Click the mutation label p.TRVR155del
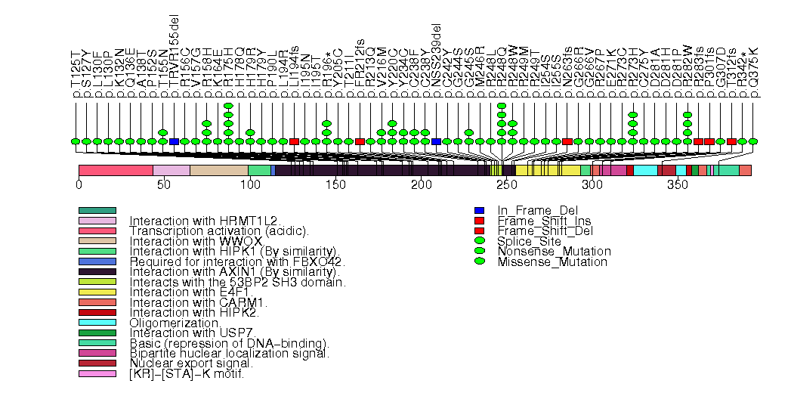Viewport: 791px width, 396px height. tap(174, 59)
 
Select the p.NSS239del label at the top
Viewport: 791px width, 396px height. tap(437, 61)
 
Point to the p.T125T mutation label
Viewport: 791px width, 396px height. tap(75, 74)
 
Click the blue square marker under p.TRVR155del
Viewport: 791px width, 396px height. tap(174, 141)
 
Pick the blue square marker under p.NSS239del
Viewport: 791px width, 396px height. tap(437, 141)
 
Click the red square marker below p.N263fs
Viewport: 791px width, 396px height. tap(567, 141)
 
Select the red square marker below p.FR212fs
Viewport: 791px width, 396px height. tap(360, 141)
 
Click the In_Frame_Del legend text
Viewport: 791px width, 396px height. tap(533, 210)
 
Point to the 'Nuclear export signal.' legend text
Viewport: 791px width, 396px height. tap(190, 364)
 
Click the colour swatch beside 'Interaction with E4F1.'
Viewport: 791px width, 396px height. tap(97, 292)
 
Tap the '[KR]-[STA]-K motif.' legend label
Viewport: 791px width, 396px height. tap(187, 374)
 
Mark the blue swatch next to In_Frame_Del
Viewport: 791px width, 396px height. tap(479, 210)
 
